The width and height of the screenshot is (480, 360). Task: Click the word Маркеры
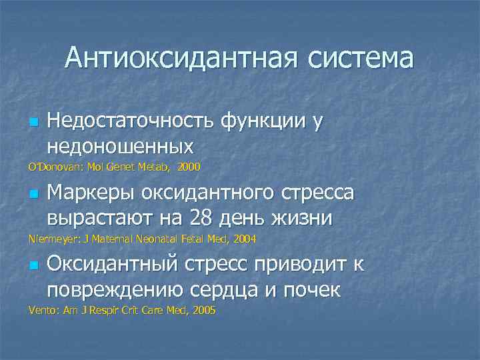(x=87, y=194)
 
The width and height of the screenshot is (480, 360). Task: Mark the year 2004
(x=243, y=238)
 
